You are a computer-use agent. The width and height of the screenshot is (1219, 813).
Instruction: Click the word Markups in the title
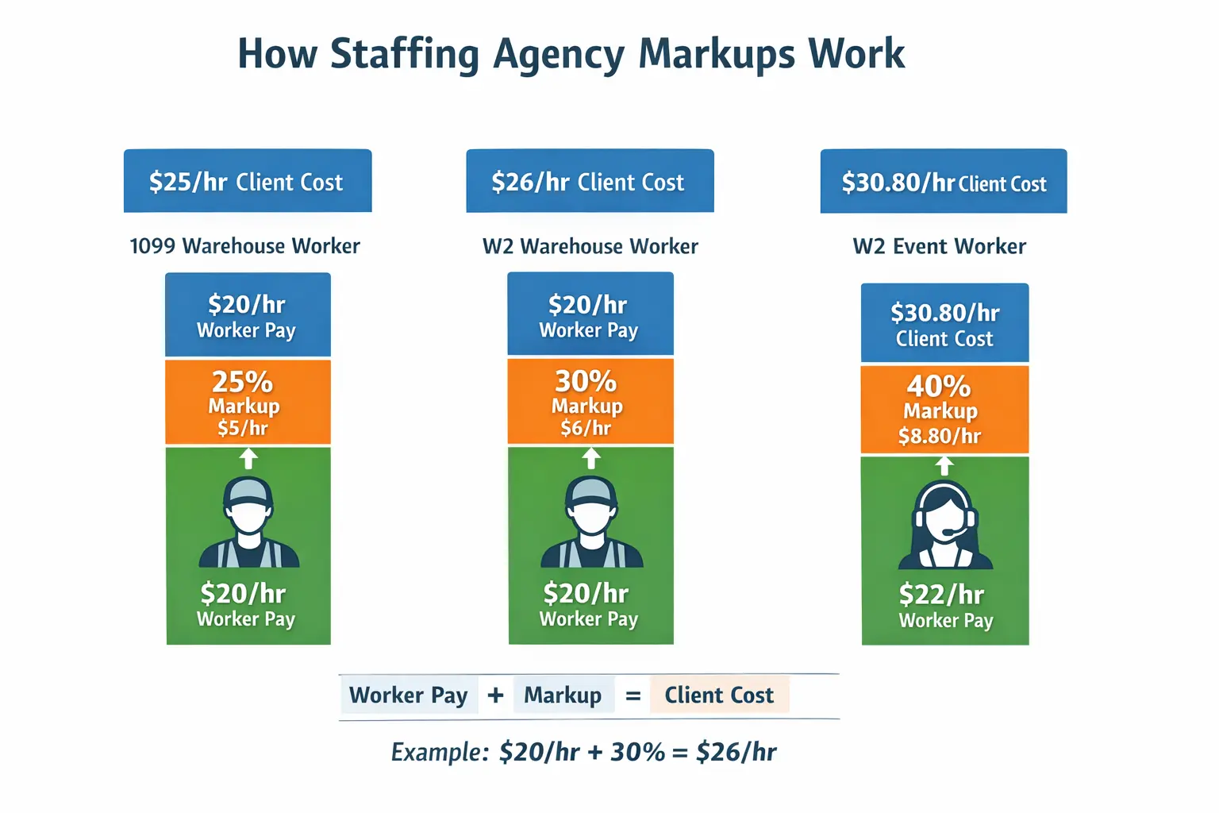pos(716,55)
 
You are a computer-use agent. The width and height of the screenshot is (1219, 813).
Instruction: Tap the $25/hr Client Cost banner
pos(247,181)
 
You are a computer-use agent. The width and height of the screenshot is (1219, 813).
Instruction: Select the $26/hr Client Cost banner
pos(589,181)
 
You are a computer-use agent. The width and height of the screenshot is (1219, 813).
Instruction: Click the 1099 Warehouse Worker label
pos(244,246)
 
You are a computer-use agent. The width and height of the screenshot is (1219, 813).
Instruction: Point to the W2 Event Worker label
pos(939,246)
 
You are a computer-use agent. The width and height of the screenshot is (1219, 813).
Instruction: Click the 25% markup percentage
pos(242,382)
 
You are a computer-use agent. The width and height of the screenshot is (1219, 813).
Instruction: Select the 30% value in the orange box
pos(586,381)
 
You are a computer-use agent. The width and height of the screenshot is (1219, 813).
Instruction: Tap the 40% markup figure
pos(939,386)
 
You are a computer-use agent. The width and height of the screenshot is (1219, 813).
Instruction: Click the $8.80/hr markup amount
pos(940,436)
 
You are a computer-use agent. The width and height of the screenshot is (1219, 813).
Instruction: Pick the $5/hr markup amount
pos(243,428)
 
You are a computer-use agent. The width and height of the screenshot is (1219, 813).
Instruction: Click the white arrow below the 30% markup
pos(591,458)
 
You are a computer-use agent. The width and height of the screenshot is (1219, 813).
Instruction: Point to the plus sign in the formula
pos(496,695)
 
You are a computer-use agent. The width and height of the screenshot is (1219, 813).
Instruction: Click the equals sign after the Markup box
pos(633,696)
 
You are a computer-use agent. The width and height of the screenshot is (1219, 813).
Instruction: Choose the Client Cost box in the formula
pos(719,695)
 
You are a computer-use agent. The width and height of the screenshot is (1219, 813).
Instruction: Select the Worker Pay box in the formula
pos(409,695)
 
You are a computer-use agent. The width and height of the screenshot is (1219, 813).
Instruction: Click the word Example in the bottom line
pos(439,752)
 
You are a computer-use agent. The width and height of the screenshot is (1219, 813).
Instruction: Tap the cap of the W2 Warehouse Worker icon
pos(590,490)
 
